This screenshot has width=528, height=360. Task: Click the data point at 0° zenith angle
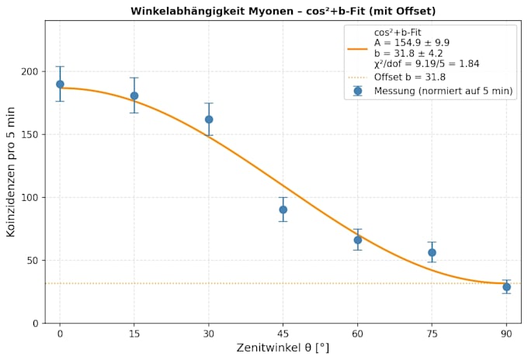point(60,84)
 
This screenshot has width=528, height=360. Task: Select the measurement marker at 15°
point(134,96)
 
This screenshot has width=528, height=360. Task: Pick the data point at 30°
point(209,119)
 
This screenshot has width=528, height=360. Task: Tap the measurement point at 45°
point(283,209)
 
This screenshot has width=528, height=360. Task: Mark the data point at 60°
point(358,240)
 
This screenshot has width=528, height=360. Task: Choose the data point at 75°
point(432,252)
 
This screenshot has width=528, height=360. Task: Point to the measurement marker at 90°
point(506,287)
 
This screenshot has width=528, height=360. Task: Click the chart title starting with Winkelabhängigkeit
point(283,11)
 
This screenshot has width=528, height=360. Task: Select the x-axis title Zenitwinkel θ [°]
point(283,348)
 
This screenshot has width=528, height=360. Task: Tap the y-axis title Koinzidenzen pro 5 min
point(11,172)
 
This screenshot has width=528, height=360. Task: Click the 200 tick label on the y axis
point(30,71)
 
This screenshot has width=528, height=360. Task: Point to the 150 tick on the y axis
point(30,134)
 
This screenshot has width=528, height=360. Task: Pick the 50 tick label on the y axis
point(33,261)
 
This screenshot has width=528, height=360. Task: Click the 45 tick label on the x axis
point(283,334)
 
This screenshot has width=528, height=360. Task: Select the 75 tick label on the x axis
point(432,334)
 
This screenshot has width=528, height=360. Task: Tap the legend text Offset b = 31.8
point(410,77)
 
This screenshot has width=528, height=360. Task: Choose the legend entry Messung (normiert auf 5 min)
point(443,91)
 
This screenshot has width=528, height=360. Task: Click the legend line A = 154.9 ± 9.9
point(412,43)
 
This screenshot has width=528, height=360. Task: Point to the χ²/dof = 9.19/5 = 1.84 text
point(426,64)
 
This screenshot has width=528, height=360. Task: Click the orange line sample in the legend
point(358,49)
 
